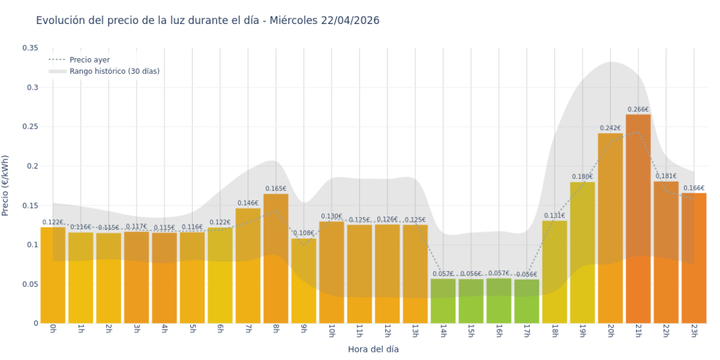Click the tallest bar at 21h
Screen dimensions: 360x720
[638, 219]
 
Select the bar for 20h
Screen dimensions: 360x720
[610, 228]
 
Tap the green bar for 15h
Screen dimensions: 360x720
[471, 301]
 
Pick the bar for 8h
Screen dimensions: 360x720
[275, 258]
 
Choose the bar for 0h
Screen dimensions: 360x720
[53, 275]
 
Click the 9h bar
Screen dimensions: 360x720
[303, 280]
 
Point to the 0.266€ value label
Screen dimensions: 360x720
[638, 110]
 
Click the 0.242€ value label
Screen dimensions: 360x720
[610, 128]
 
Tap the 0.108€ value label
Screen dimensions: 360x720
[303, 233]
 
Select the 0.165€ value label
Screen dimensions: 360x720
[275, 188]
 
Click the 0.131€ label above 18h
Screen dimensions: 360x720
[554, 215]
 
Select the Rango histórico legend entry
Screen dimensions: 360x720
[114, 71]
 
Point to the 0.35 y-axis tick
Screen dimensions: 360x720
[30, 48]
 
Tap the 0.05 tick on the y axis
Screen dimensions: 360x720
[30, 284]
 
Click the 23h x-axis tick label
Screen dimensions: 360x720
[694, 331]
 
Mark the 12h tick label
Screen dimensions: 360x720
[387, 331]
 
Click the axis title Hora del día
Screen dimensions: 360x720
[373, 349]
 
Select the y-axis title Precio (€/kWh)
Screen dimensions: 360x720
[6, 186]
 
